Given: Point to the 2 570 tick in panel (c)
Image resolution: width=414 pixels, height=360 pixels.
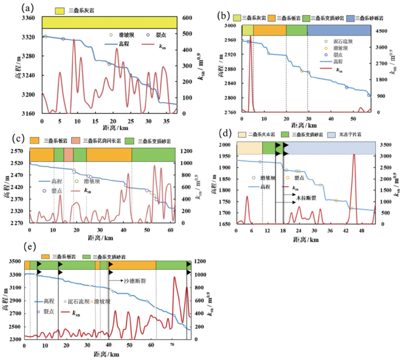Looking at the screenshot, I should click(x=18, y=151).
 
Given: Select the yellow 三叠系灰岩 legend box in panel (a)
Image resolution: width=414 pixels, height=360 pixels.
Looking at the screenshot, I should click(x=59, y=11).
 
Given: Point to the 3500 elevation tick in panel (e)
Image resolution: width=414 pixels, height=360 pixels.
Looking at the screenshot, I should click(x=14, y=262).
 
